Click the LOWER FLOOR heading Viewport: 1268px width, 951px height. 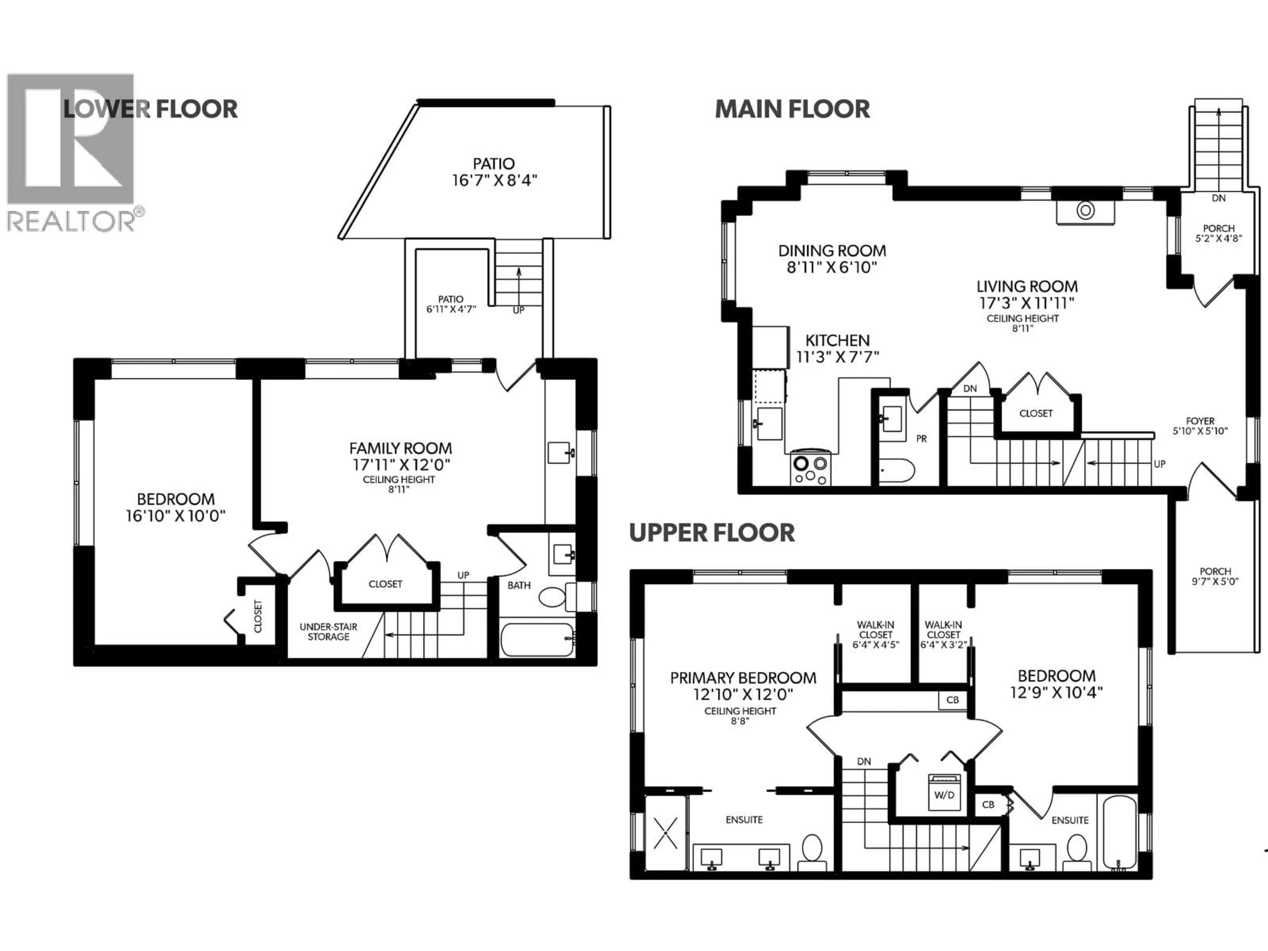pos(150,109)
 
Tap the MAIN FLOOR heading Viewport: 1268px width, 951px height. pos(792,109)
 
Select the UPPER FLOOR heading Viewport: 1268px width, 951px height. pos(712,533)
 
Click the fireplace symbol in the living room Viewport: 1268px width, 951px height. pos(1085,210)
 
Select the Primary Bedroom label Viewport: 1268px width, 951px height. pos(743,678)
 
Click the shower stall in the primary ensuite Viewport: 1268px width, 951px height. pos(665,833)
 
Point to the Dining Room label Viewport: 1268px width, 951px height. pos(832,251)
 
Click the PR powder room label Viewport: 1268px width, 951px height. pos(921,439)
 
